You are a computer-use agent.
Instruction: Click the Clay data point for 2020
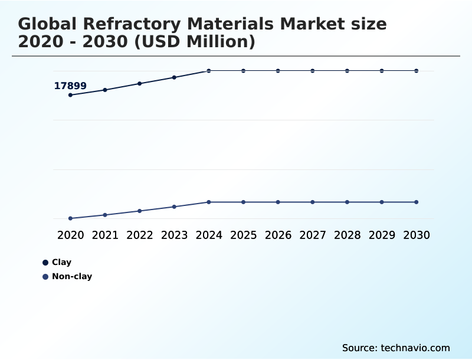(70, 94)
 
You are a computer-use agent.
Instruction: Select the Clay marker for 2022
(140, 83)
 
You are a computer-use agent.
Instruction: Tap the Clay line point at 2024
(209, 71)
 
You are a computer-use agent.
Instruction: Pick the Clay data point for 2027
(313, 71)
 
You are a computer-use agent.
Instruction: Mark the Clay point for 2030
(417, 71)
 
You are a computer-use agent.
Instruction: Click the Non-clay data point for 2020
(70, 218)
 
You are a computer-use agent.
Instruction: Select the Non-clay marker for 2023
(174, 207)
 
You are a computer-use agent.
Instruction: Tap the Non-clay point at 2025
(243, 202)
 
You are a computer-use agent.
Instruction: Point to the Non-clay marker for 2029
(382, 202)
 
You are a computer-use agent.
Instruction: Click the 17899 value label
(70, 86)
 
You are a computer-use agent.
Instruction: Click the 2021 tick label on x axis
(105, 235)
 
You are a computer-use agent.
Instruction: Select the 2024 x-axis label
(209, 235)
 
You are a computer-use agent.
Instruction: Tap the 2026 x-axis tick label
(278, 235)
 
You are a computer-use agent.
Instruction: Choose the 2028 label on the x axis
(347, 235)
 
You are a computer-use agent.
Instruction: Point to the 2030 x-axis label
(417, 235)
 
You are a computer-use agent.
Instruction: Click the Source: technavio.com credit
(396, 348)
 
